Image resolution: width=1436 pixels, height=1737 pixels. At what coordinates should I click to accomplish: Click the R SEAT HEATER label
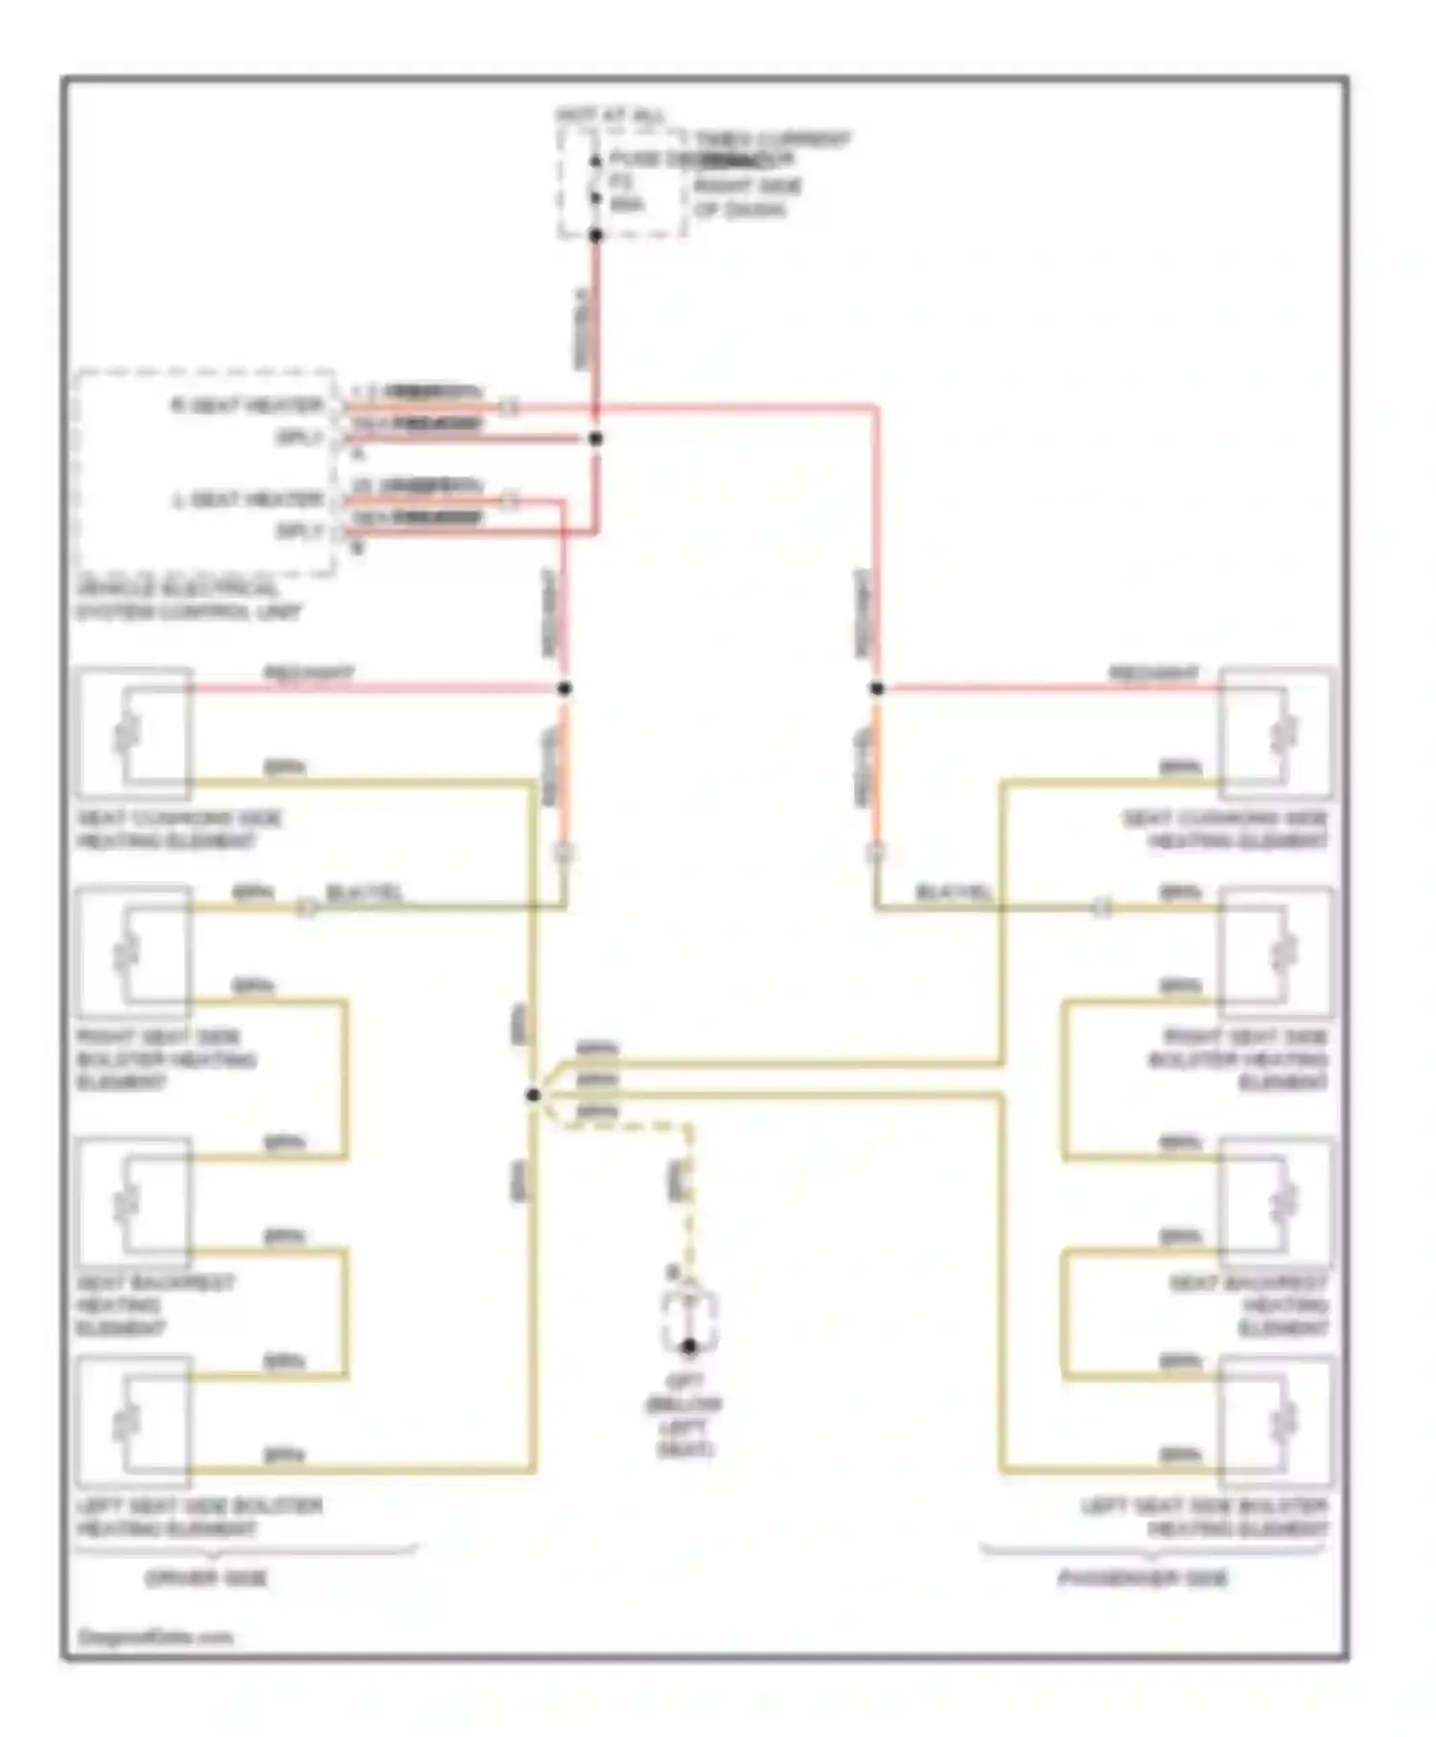click(x=247, y=406)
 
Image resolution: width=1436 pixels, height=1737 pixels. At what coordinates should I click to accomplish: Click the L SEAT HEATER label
click(x=247, y=500)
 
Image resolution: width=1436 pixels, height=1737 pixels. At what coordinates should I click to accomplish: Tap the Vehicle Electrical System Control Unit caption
click(x=189, y=601)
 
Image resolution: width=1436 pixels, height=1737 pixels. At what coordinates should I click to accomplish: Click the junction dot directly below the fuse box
click(x=595, y=235)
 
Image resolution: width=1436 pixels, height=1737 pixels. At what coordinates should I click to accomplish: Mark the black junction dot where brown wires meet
click(x=533, y=1094)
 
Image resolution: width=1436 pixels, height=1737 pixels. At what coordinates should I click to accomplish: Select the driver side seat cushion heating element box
click(x=134, y=733)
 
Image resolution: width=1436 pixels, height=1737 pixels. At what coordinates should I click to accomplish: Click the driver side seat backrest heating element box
click(x=134, y=1203)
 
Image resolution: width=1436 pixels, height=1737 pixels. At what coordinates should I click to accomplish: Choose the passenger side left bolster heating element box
click(x=1275, y=1421)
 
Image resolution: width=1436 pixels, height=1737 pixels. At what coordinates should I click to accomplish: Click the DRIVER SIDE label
click(x=206, y=1578)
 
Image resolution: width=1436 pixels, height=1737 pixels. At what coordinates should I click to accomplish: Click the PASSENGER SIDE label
click(x=1142, y=1578)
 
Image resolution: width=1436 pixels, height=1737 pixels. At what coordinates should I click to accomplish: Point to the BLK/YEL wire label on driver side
click(x=365, y=892)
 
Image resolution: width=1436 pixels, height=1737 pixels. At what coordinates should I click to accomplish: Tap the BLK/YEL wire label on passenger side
click(x=954, y=892)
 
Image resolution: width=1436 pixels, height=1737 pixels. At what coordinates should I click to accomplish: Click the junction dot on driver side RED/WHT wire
click(x=565, y=688)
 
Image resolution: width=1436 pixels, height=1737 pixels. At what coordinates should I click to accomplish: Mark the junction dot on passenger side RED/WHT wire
click(x=877, y=688)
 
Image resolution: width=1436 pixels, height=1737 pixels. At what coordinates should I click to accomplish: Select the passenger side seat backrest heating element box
click(x=1275, y=1203)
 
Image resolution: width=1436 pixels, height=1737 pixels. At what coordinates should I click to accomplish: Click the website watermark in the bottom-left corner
click(x=155, y=1637)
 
